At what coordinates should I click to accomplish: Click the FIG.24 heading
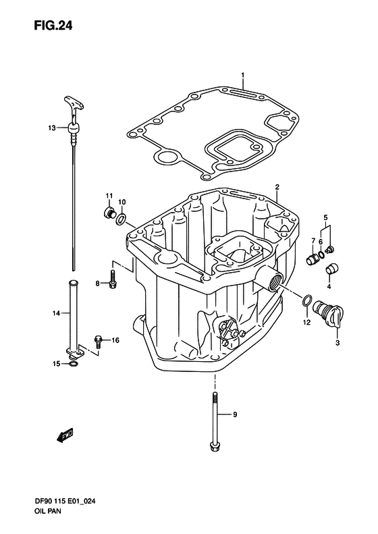(x=53, y=26)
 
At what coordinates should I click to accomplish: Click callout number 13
(x=52, y=128)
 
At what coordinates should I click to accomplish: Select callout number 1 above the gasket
(x=243, y=74)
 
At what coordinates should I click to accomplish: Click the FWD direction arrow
(x=65, y=435)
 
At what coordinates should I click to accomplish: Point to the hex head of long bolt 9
(x=214, y=446)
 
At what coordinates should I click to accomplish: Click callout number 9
(x=235, y=415)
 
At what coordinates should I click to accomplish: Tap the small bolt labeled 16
(x=98, y=342)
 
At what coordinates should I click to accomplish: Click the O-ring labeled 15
(x=73, y=365)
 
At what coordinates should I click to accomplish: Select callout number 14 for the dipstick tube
(x=56, y=313)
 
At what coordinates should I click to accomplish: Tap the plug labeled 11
(x=108, y=213)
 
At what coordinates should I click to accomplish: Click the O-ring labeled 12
(x=306, y=300)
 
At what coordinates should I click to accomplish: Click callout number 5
(x=325, y=217)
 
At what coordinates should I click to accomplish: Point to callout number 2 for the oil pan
(x=277, y=186)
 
